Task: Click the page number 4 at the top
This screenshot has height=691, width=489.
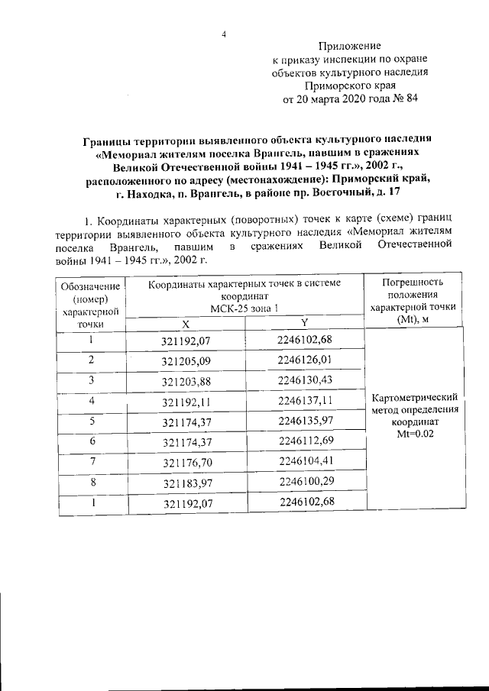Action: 225,33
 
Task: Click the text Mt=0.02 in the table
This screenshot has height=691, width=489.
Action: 413,433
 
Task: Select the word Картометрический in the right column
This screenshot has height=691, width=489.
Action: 413,398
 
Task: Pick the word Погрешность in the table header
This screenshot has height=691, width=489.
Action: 413,282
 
